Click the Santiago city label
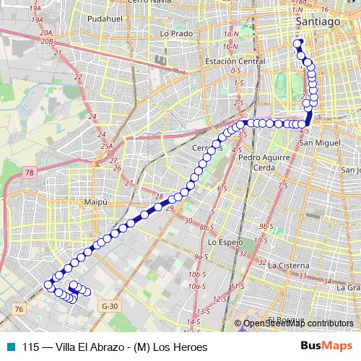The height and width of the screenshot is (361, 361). coord(318,22)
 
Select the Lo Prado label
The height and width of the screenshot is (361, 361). coord(176,33)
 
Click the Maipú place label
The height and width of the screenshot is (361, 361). coord(95,202)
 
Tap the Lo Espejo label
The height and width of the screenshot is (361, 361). coord(225,242)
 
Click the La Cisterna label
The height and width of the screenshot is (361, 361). coord(287,265)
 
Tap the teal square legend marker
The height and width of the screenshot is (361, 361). coord(9,347)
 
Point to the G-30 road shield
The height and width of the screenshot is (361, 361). coord(110,306)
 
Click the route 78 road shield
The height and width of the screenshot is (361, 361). coord(28,173)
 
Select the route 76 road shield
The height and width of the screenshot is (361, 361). coord(19,308)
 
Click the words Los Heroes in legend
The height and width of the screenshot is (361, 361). coord(179,347)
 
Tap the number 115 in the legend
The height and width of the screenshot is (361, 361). coord(31,347)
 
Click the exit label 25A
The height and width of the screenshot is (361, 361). coord(107,146)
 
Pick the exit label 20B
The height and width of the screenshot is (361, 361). coord(48,42)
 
